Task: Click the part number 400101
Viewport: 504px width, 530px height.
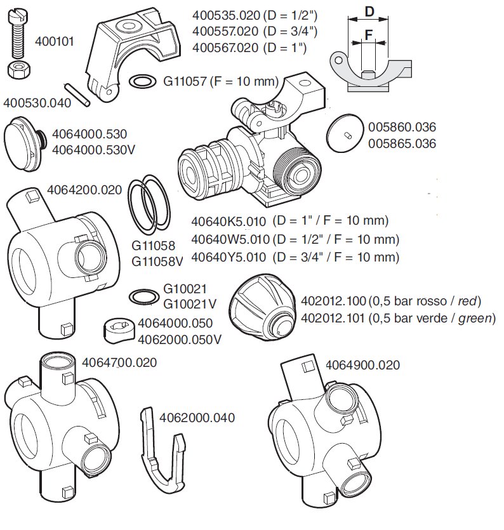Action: [55, 41]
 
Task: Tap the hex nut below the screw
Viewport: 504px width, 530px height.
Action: [19, 70]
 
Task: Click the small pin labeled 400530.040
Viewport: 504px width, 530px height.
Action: [77, 95]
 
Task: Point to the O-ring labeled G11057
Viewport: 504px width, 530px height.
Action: [143, 81]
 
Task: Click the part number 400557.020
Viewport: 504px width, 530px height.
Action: [225, 31]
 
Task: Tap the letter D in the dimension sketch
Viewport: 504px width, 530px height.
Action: [369, 12]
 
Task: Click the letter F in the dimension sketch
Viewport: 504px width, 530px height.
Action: [369, 35]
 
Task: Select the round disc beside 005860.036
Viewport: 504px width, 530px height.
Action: [345, 133]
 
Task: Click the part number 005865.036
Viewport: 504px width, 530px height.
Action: [402, 143]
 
